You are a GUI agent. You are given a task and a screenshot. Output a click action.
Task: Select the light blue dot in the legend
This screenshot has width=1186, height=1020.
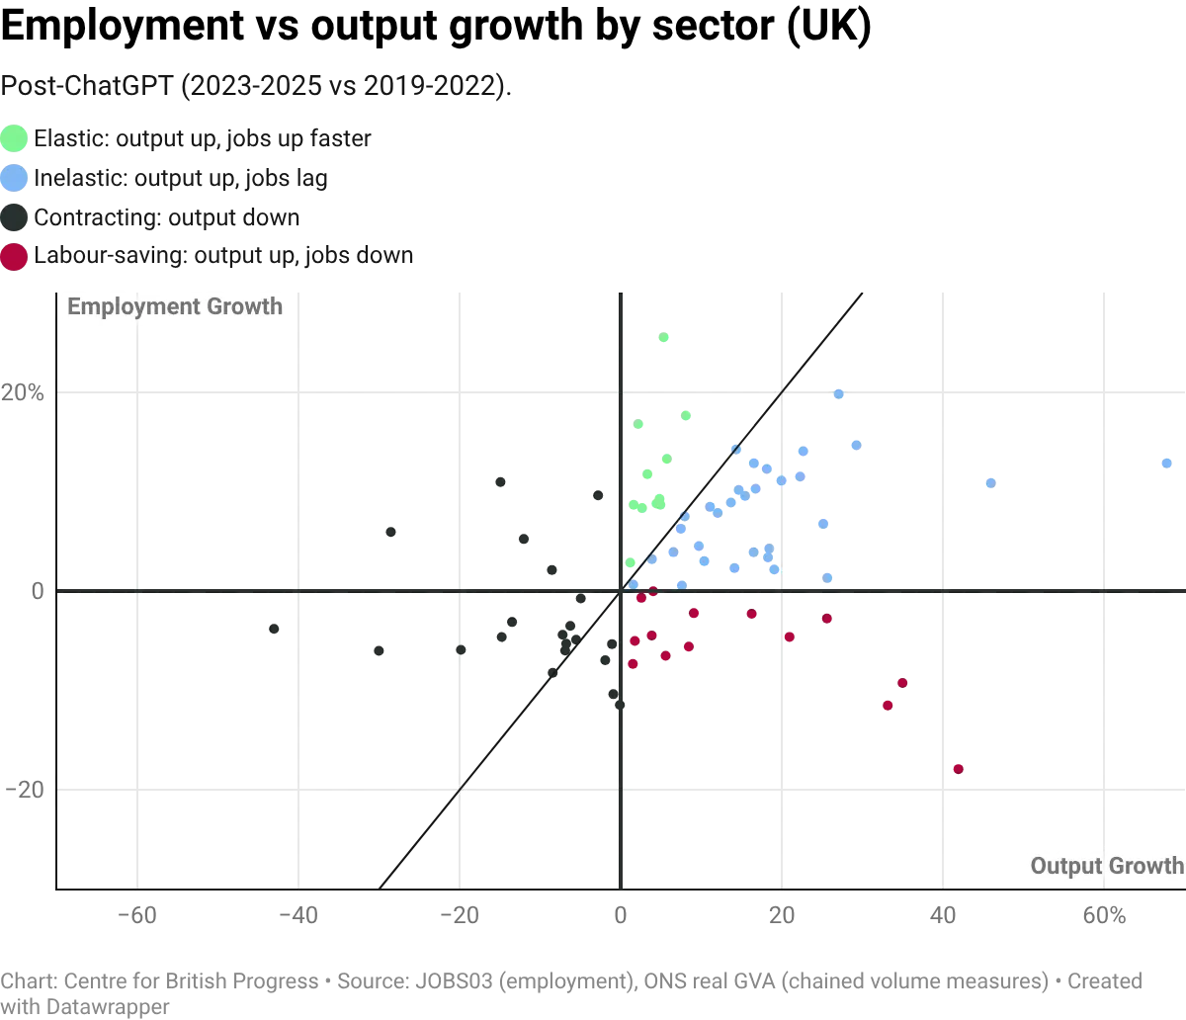pyautogui.click(x=15, y=178)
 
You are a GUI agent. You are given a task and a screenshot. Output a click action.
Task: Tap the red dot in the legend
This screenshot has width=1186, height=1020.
pyautogui.click(x=15, y=257)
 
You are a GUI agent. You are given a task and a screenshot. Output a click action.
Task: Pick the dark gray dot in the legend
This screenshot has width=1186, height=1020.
pyautogui.click(x=15, y=217)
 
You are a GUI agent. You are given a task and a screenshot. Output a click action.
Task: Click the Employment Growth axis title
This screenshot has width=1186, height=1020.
pyautogui.click(x=175, y=306)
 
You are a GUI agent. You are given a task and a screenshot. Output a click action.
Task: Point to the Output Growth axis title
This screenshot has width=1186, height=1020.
pyautogui.click(x=1106, y=867)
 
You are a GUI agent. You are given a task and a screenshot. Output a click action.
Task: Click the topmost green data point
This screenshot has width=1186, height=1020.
pyautogui.click(x=664, y=339)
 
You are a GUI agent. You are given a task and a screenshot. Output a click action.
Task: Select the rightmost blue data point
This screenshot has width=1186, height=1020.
pyautogui.click(x=1167, y=462)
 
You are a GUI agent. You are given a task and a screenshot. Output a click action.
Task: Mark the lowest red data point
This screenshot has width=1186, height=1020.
pyautogui.click(x=958, y=767)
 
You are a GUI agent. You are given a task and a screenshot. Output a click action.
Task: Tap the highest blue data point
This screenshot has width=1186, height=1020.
pyautogui.click(x=839, y=394)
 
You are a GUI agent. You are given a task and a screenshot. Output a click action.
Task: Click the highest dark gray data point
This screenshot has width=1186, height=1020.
pyautogui.click(x=498, y=481)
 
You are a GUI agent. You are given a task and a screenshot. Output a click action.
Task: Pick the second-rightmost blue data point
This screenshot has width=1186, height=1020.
pyautogui.click(x=988, y=482)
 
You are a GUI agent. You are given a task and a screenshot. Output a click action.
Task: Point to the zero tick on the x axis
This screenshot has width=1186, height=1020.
pyautogui.click(x=620, y=914)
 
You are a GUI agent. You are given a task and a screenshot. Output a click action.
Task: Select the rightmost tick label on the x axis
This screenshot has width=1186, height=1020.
pyautogui.click(x=1105, y=914)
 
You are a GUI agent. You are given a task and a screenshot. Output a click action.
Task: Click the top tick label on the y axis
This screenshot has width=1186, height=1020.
pyautogui.click(x=33, y=392)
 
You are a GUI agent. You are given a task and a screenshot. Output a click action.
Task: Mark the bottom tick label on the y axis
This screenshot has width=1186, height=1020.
pyautogui.click(x=30, y=788)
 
